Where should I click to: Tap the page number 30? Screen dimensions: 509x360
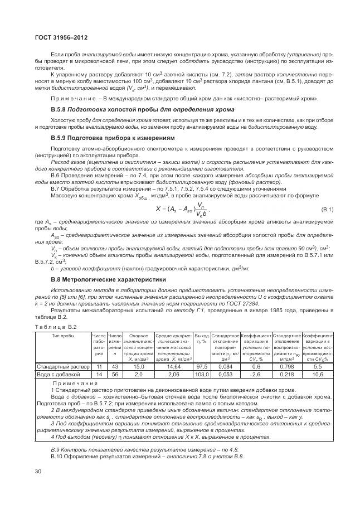(x=38, y=472)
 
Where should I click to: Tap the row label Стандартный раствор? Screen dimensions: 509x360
(x=62, y=367)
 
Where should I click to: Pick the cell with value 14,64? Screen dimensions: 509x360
(x=174, y=367)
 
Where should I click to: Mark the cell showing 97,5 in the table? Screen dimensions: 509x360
(x=202, y=367)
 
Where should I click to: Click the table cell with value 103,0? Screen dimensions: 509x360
(x=202, y=375)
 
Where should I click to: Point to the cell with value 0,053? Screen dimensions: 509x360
(x=225, y=375)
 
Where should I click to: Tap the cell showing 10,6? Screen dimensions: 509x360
(x=318, y=375)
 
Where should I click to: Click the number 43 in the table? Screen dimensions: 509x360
(x=115, y=367)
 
